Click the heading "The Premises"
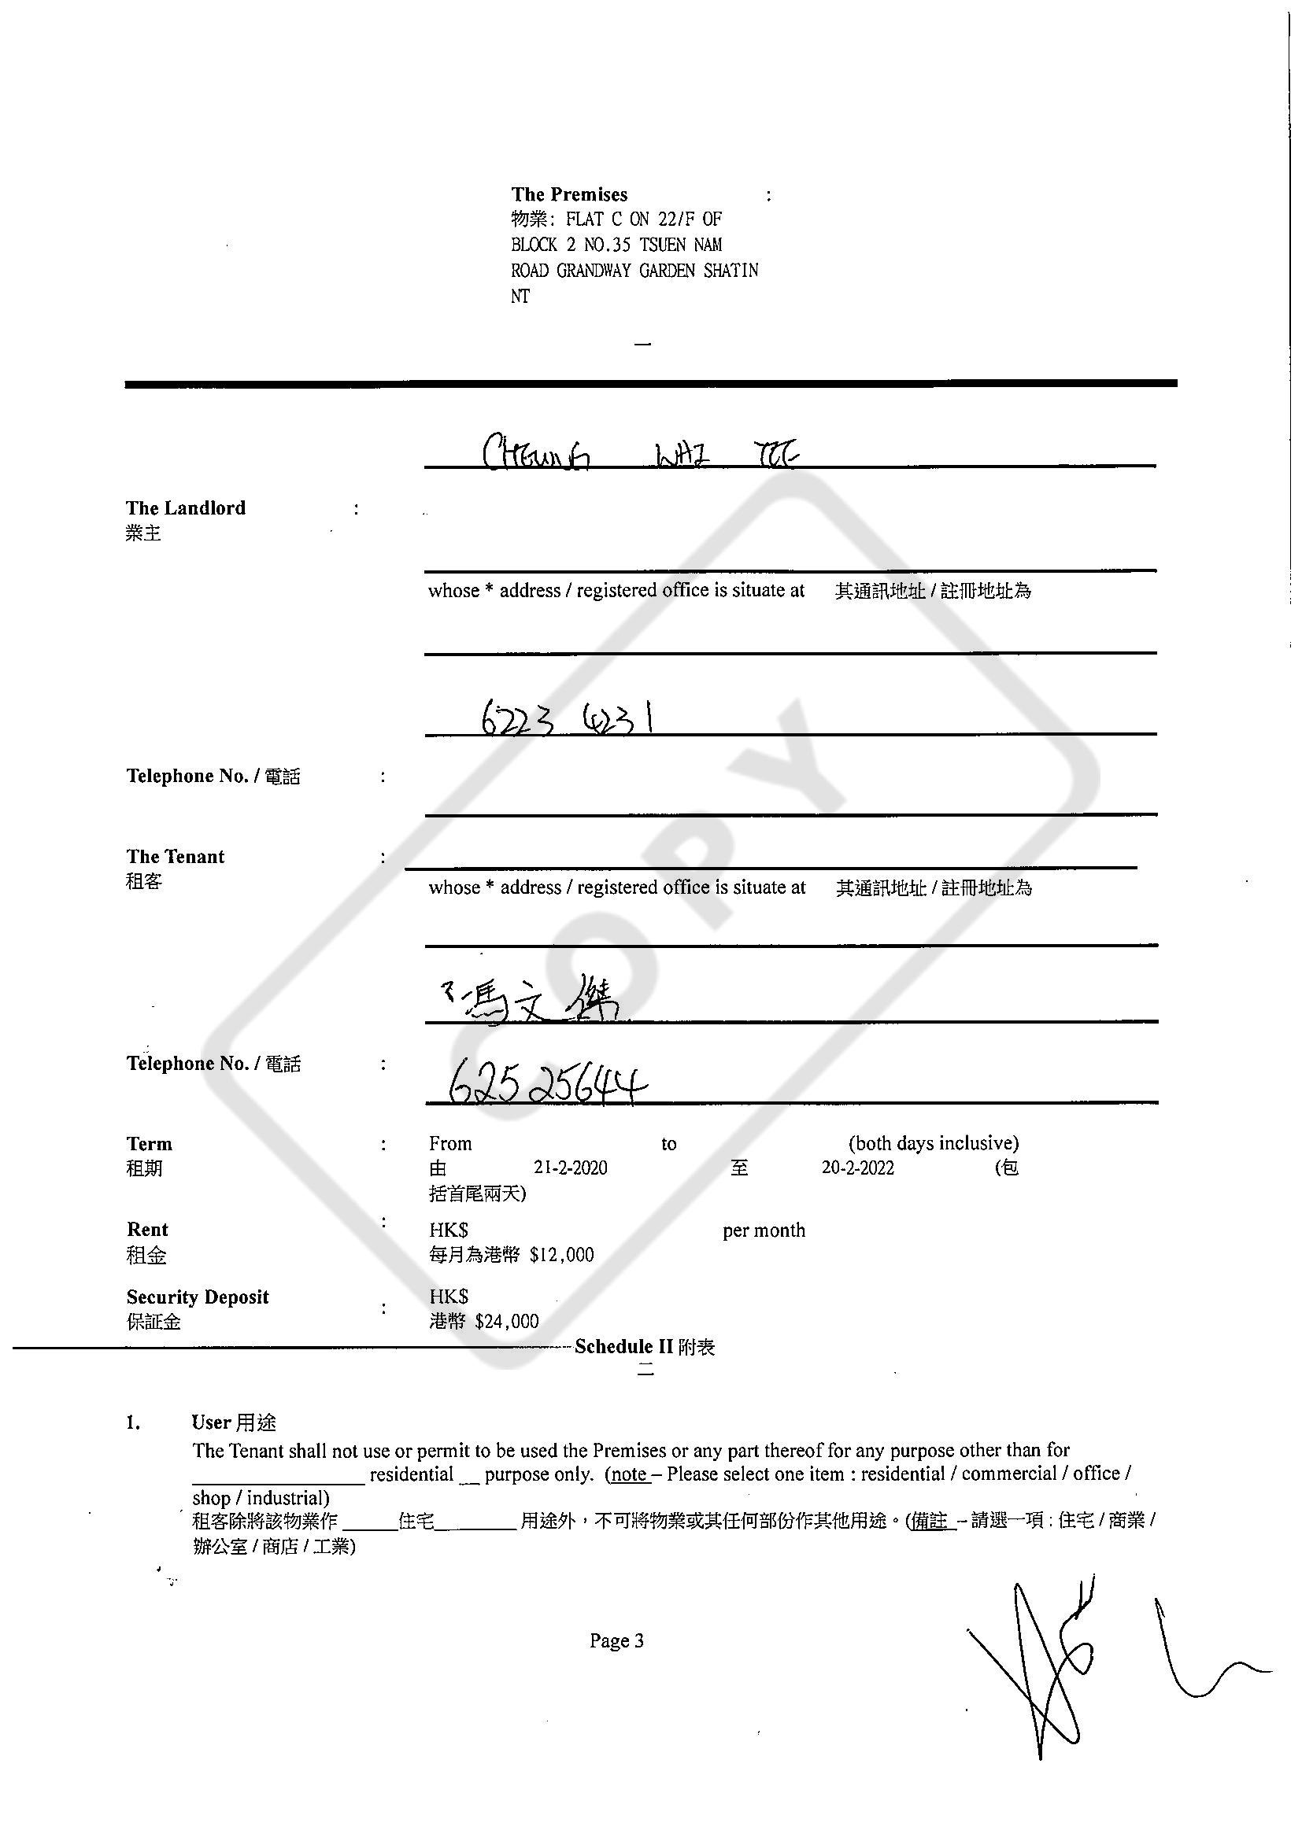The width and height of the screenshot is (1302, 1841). (569, 194)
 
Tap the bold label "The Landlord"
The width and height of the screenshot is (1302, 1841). (185, 507)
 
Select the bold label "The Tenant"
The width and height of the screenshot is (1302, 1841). (175, 856)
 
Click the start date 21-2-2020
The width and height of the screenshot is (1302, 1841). (570, 1168)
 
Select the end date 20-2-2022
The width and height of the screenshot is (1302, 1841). (856, 1168)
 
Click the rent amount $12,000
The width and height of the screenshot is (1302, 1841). (560, 1255)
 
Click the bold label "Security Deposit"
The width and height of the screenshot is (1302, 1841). (198, 1297)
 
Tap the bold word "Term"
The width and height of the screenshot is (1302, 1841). (150, 1143)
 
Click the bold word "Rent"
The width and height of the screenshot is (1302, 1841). (146, 1230)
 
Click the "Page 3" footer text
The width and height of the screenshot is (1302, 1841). (616, 1640)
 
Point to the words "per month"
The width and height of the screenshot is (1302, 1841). (763, 1230)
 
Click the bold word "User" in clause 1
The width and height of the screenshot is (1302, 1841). (211, 1422)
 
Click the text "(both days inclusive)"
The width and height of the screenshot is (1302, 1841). (933, 1142)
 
